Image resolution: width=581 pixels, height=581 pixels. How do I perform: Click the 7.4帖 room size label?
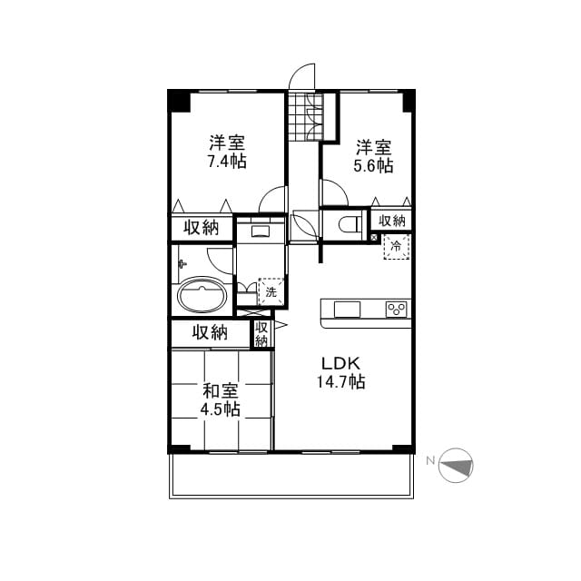[x=227, y=162]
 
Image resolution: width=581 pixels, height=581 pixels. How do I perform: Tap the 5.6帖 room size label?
[x=373, y=165]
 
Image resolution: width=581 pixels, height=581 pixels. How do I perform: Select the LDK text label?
[x=340, y=363]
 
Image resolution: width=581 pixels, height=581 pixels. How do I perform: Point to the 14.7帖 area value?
[x=341, y=381]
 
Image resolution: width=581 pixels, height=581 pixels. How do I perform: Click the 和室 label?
[x=220, y=391]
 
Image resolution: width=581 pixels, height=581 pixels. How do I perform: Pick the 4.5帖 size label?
[x=220, y=409]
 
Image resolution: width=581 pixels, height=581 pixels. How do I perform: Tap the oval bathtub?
[x=202, y=295]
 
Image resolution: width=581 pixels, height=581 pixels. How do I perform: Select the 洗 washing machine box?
[x=271, y=291]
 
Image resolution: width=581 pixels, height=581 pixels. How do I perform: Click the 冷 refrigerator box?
[x=397, y=246]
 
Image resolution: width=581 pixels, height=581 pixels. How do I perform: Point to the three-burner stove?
[x=397, y=310]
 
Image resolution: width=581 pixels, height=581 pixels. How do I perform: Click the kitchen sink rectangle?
[x=347, y=310]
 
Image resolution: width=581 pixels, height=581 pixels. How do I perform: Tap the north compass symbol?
[x=456, y=466]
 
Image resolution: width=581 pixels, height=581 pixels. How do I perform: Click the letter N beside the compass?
[x=430, y=461]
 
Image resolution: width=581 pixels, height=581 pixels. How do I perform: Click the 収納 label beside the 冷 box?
[x=391, y=221]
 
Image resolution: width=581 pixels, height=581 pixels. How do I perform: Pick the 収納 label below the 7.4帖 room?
[x=202, y=227]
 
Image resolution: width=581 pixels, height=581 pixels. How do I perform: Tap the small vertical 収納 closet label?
[x=261, y=334]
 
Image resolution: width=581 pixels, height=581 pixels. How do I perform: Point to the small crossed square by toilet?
[x=374, y=237]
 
